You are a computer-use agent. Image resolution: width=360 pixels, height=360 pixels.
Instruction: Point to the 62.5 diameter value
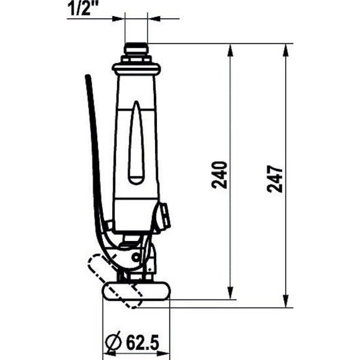[x=143, y=342]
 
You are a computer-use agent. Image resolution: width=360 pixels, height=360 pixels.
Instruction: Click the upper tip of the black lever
[x=88, y=78]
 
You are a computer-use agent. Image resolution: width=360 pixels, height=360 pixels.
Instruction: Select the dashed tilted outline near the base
[x=115, y=280]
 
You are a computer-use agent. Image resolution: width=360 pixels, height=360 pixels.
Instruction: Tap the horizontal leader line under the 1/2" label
[x=93, y=18]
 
